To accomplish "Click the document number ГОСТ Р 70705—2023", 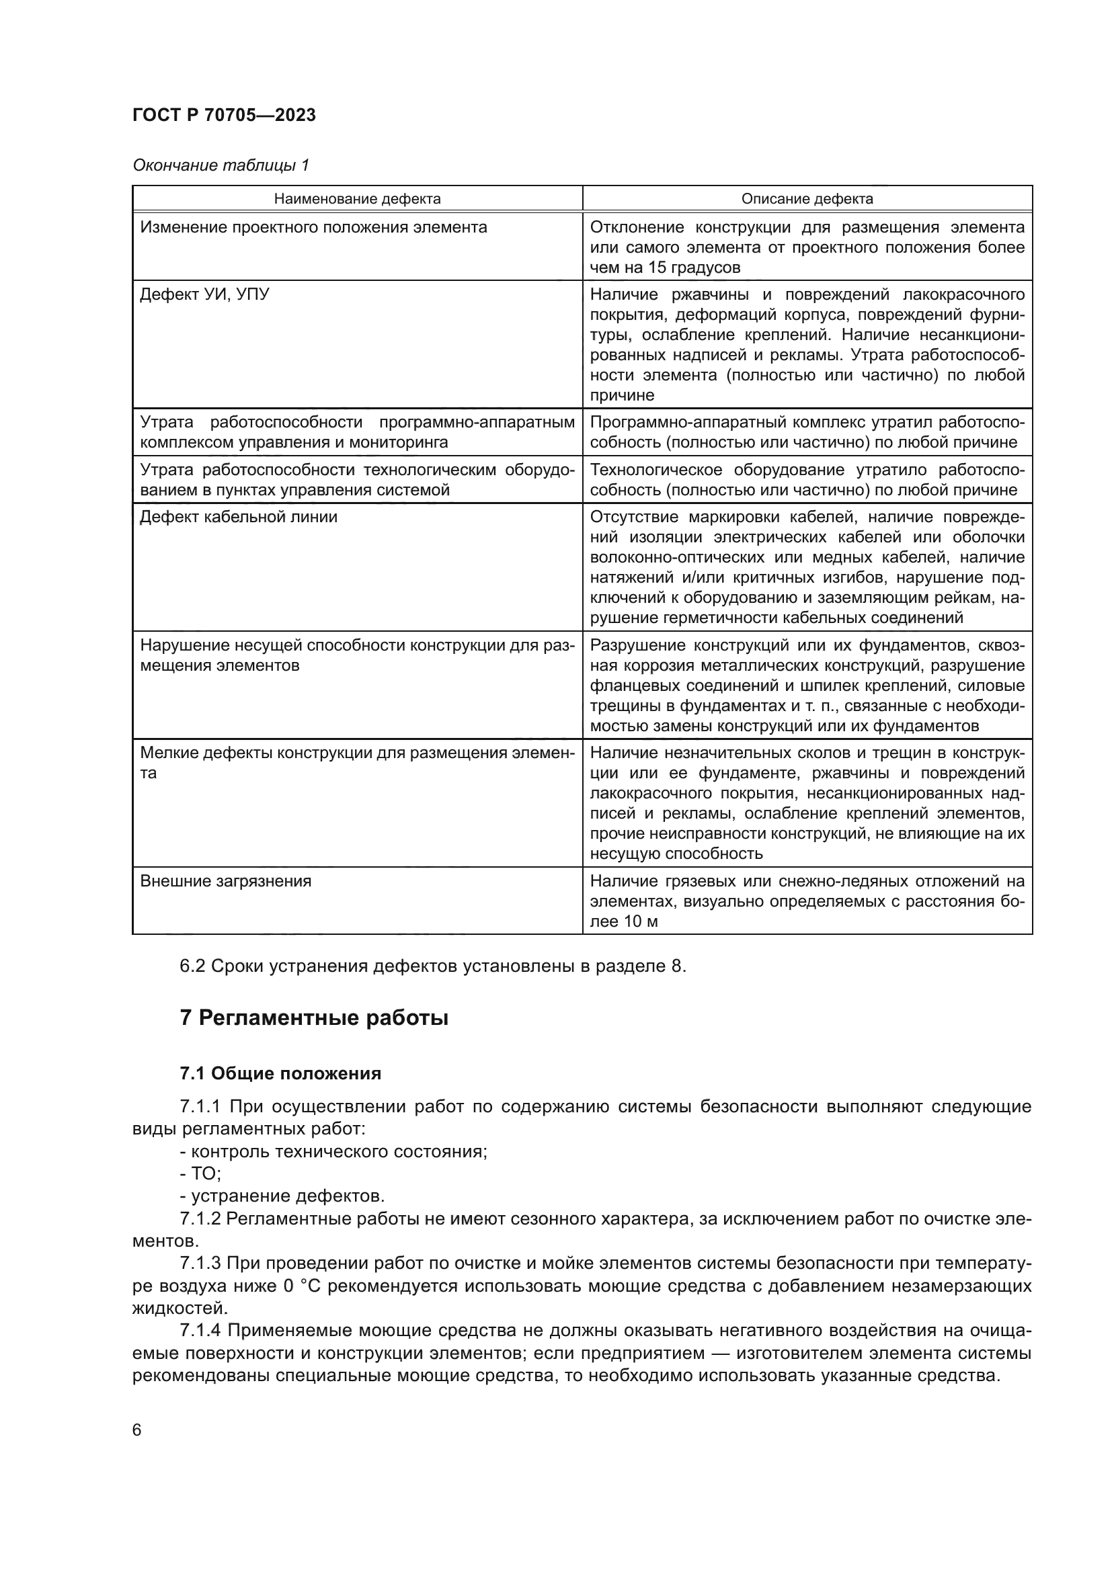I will [224, 115].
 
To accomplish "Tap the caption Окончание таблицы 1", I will [221, 165].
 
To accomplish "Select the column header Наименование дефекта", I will [357, 199].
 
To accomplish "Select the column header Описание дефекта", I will [807, 199].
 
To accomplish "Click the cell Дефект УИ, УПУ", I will [205, 294].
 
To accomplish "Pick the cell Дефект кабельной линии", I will [238, 517].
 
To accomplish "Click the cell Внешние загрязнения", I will [225, 881].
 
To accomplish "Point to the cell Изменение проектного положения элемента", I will [313, 227].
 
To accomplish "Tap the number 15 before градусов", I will [657, 267].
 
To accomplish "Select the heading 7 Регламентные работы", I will [313, 1018].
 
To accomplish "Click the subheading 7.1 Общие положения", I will [280, 1073].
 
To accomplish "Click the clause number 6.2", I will [192, 966].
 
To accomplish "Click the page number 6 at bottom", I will [137, 1430].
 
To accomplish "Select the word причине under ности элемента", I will [622, 395].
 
